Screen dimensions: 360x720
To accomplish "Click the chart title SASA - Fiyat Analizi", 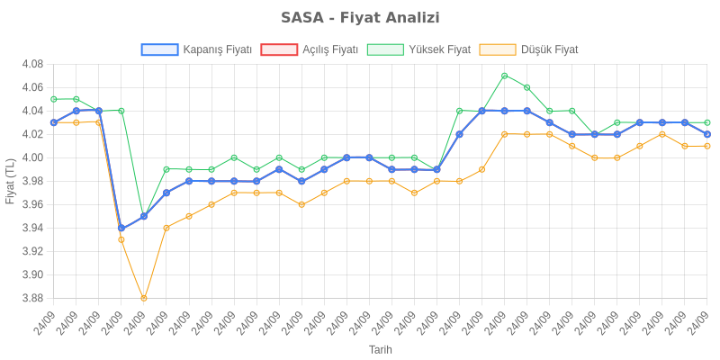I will coord(360,18).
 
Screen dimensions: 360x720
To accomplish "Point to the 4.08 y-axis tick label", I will coord(32,64).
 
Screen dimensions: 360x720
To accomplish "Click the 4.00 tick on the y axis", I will coord(32,157).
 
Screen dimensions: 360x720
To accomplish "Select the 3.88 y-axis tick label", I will coord(32,298).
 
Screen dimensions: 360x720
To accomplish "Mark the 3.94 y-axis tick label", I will coord(32,228).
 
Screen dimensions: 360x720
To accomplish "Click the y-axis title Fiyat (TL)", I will coord(10,181).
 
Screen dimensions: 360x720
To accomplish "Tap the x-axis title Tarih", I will coord(380,349).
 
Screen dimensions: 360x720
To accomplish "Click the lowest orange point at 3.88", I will coord(144,298).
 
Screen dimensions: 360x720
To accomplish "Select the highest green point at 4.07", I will coord(505,76).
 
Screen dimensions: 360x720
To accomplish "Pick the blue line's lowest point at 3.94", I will coord(121,228).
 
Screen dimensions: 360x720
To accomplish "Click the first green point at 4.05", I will coord(54,99).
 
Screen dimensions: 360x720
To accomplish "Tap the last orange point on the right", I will coord(707,146).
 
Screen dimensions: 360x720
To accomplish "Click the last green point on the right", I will coord(707,122).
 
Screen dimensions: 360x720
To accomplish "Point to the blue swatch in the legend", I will coord(159,49).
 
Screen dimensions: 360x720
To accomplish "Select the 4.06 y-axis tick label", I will coord(32,87).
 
